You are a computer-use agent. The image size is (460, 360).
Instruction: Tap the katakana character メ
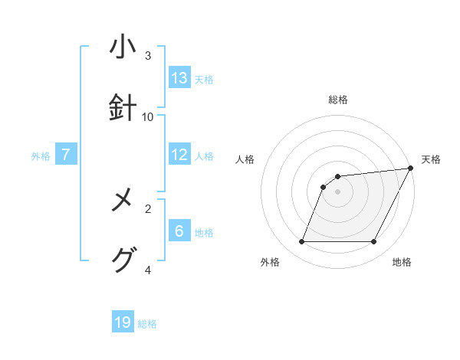[x=123, y=202]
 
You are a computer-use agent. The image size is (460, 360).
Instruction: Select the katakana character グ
[x=123, y=261]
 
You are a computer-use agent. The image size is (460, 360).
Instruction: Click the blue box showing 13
[x=179, y=78]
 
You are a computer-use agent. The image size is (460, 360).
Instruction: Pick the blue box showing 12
[x=179, y=155]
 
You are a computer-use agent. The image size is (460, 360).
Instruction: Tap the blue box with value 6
[x=179, y=231]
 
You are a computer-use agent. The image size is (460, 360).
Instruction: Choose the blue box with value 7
[x=66, y=155]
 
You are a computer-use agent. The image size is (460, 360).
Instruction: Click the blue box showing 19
[x=123, y=322]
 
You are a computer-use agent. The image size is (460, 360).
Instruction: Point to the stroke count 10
[x=148, y=117]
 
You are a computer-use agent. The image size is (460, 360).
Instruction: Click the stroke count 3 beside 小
[x=148, y=56]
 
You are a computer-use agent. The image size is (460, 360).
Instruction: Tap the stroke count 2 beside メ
[x=148, y=208]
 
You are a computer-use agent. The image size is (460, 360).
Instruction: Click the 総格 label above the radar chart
[x=337, y=100]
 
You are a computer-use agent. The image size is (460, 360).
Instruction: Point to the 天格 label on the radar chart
[x=431, y=159]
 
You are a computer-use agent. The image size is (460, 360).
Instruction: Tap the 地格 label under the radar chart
[x=402, y=262]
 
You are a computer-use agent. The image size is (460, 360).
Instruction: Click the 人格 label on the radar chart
[x=245, y=159]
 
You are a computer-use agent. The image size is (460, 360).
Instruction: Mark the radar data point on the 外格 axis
[x=301, y=242]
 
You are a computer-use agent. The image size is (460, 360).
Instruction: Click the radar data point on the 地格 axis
[x=374, y=242]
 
